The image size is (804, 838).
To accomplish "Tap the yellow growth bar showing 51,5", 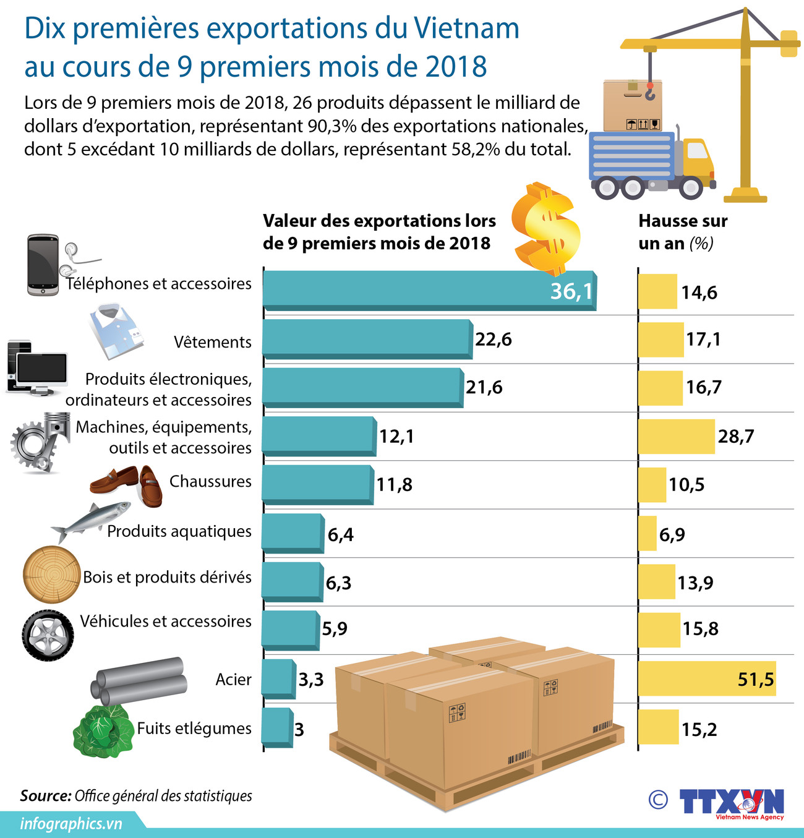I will [x=705, y=678].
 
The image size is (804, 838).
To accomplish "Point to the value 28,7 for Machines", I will [x=736, y=437].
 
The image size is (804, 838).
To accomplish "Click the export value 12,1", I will [x=396, y=437].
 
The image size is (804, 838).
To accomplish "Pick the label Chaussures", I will [x=210, y=481].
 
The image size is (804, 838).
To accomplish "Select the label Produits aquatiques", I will [x=179, y=531].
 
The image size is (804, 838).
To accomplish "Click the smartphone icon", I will [x=43, y=265].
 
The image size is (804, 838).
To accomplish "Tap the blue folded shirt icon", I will [x=116, y=331].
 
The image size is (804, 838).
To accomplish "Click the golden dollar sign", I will [x=547, y=229].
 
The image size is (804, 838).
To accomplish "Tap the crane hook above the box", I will [x=649, y=92].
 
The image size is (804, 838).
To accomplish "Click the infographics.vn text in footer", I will [x=71, y=824].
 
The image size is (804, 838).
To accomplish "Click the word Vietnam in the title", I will [x=466, y=28].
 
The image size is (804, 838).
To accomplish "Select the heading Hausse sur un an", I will [x=683, y=232].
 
